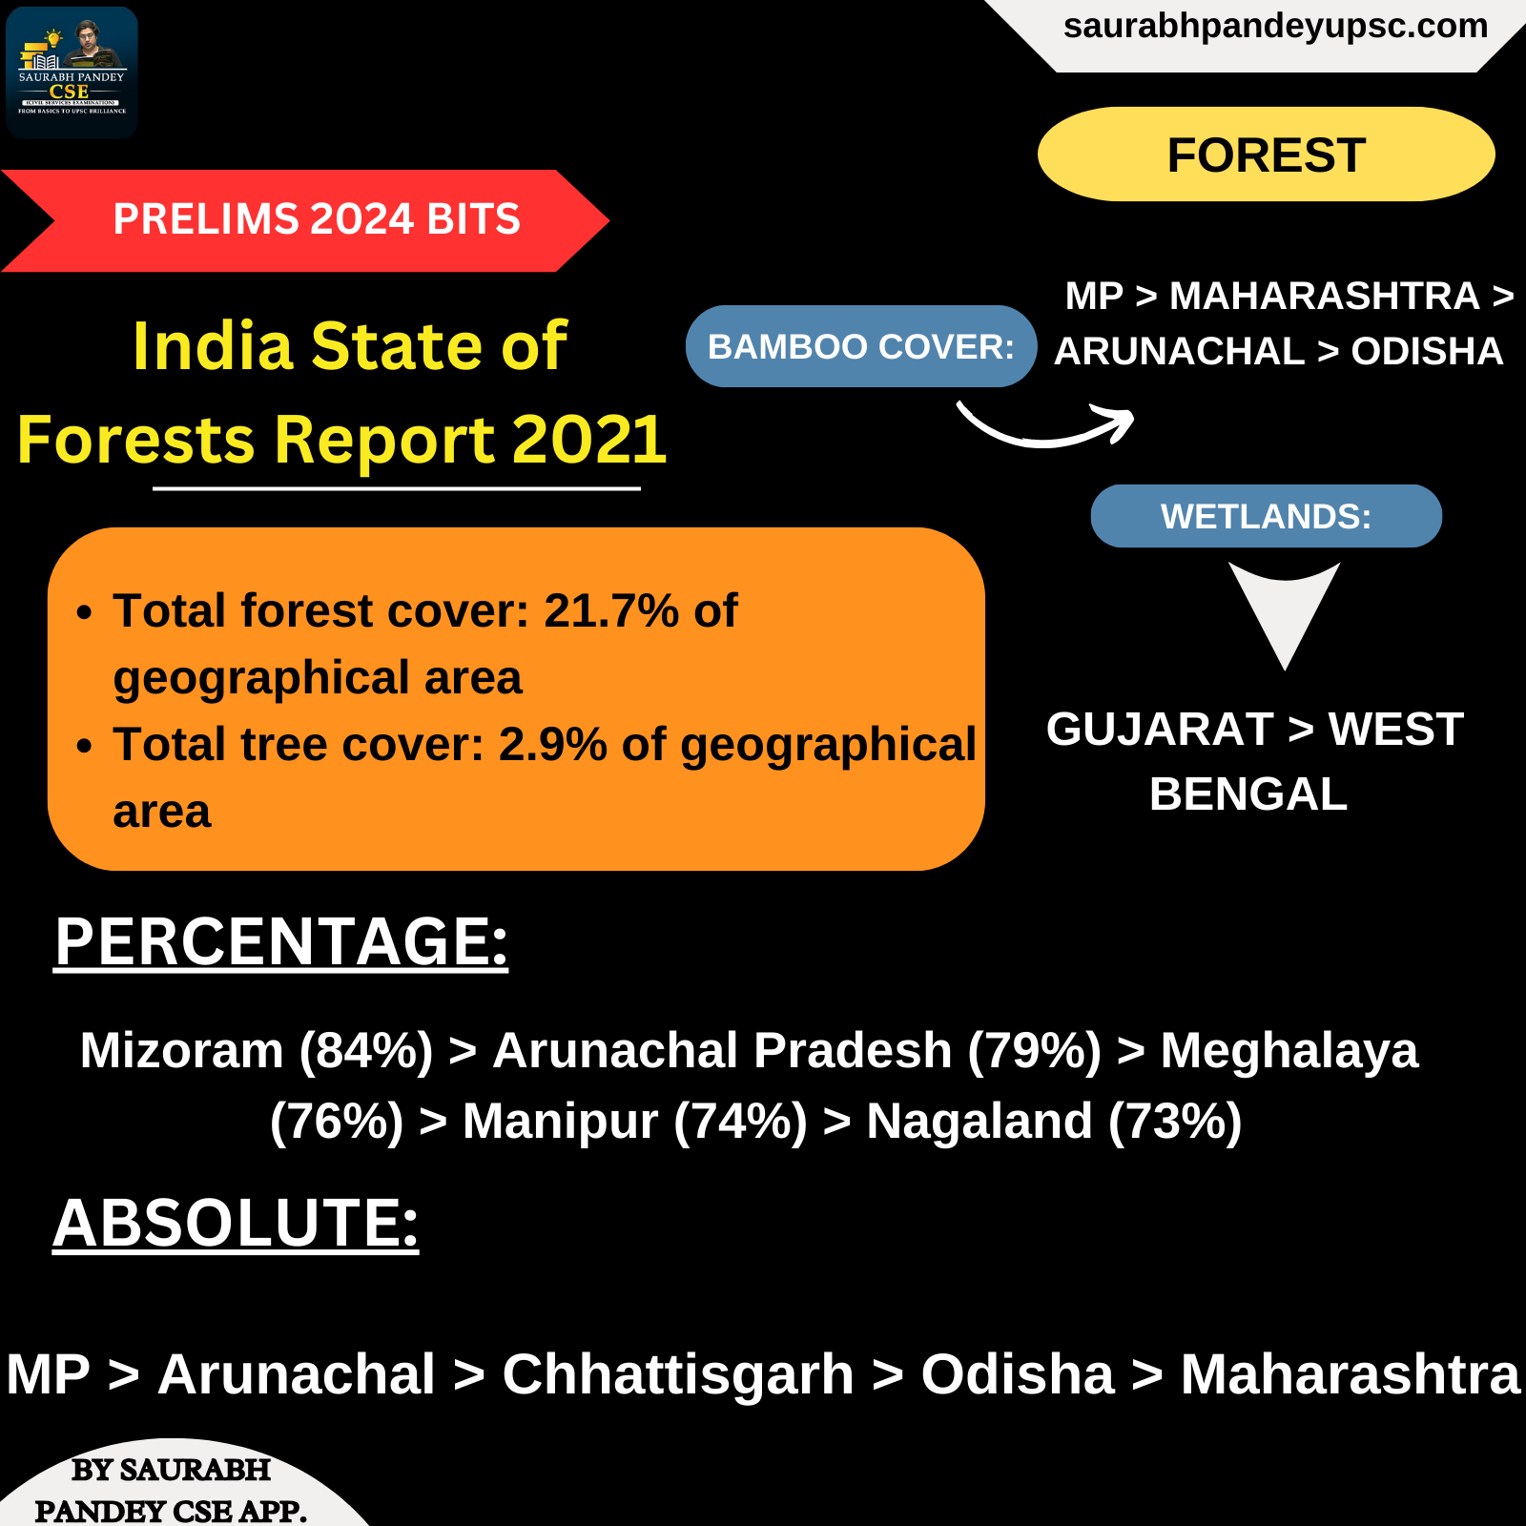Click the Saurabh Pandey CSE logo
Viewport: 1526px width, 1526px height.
coord(72,72)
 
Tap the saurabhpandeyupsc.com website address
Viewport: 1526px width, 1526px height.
coord(1275,27)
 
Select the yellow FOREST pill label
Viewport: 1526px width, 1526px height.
coord(1267,155)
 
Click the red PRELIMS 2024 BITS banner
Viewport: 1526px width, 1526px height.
coord(305,220)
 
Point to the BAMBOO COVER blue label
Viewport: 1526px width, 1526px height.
coord(861,346)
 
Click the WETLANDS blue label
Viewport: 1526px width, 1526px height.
coord(1267,516)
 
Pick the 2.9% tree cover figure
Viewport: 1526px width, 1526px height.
coord(553,745)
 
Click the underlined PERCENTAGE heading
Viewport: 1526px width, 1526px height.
coord(281,941)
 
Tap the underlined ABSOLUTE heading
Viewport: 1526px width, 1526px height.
coord(236,1223)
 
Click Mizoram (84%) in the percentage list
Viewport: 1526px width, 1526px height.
coord(257,1051)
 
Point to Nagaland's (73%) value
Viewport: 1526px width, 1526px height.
coord(1175,1122)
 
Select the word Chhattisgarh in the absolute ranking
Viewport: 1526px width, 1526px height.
coord(678,1374)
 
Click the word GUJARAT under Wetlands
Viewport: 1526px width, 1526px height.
coord(1160,730)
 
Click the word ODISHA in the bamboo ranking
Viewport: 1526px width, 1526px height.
coord(1427,351)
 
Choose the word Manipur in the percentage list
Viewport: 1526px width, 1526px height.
coord(560,1122)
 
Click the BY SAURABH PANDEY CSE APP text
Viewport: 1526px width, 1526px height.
coord(172,1490)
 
